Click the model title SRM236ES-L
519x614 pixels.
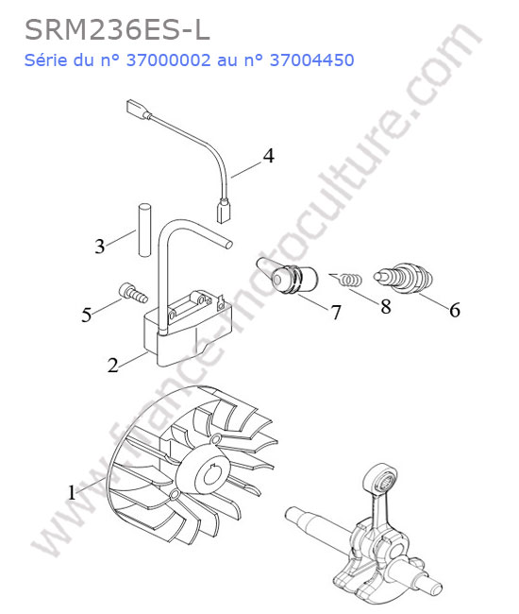(x=117, y=30)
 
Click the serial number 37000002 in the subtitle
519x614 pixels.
(x=169, y=60)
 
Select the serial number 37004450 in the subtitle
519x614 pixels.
(x=312, y=60)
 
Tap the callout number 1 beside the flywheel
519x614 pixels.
(x=72, y=492)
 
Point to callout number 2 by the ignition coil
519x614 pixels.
(x=113, y=365)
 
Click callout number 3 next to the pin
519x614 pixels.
(x=100, y=247)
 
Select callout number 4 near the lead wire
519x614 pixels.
(x=268, y=156)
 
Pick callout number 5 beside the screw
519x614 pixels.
(x=87, y=315)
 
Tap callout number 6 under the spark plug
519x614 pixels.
(x=455, y=310)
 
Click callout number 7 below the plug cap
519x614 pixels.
(x=336, y=312)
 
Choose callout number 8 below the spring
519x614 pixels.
(x=386, y=307)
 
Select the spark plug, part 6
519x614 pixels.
(x=403, y=278)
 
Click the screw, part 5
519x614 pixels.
(x=133, y=293)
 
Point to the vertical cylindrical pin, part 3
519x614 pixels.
(x=144, y=230)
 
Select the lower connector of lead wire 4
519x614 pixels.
(x=224, y=212)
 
